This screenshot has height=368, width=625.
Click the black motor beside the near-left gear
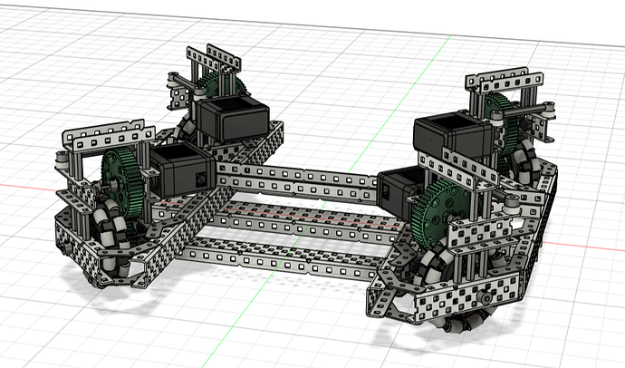(x=180, y=172)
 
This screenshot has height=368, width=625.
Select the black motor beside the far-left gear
(x=230, y=117)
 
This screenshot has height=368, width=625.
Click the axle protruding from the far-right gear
(x=543, y=108)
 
